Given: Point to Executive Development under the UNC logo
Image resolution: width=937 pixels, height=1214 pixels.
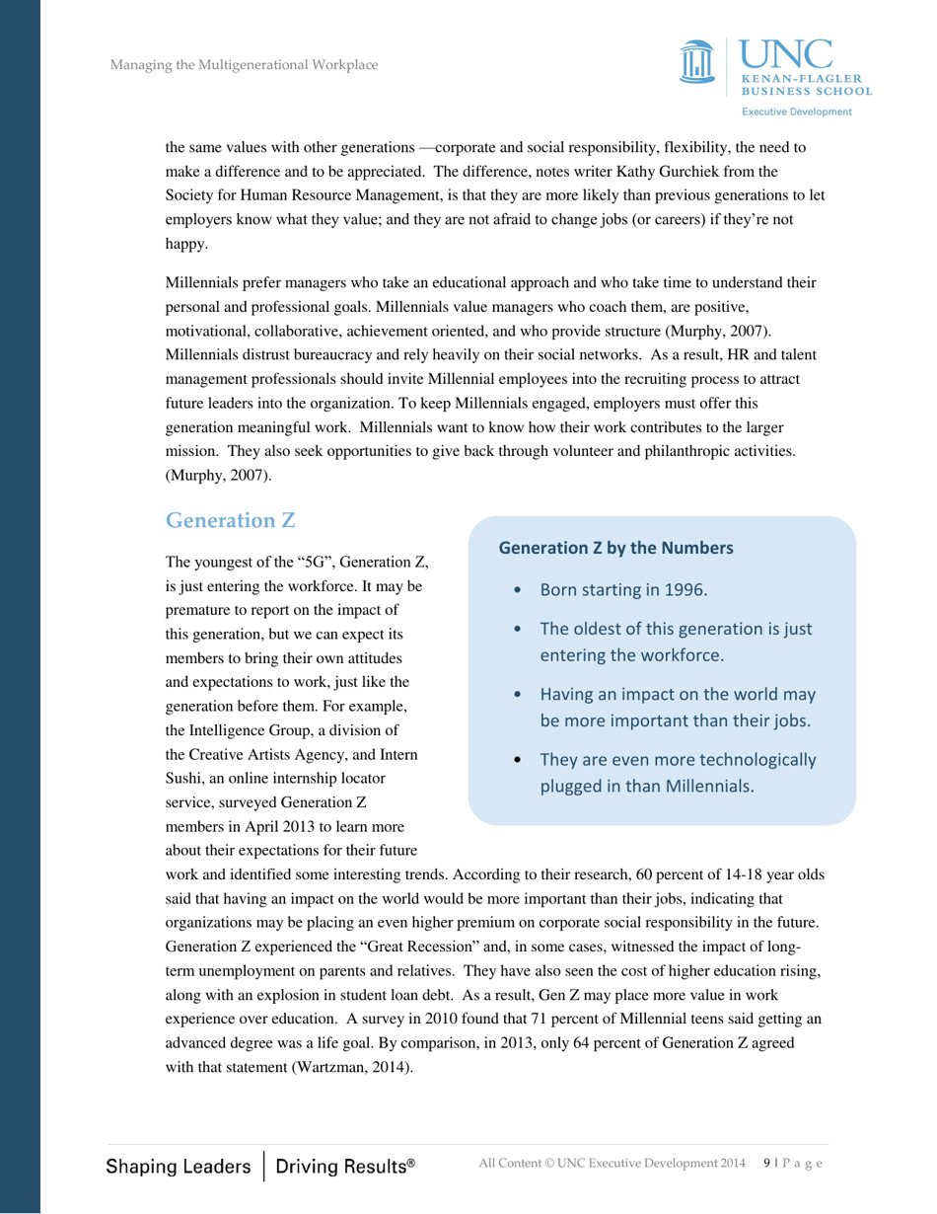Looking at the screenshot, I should [797, 113].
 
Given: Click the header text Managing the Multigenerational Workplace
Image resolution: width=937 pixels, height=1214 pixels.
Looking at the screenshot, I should [244, 66].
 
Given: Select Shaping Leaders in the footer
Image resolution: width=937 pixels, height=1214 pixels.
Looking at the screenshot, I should [179, 1166].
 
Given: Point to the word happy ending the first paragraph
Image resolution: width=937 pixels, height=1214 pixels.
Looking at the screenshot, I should [182, 238].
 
